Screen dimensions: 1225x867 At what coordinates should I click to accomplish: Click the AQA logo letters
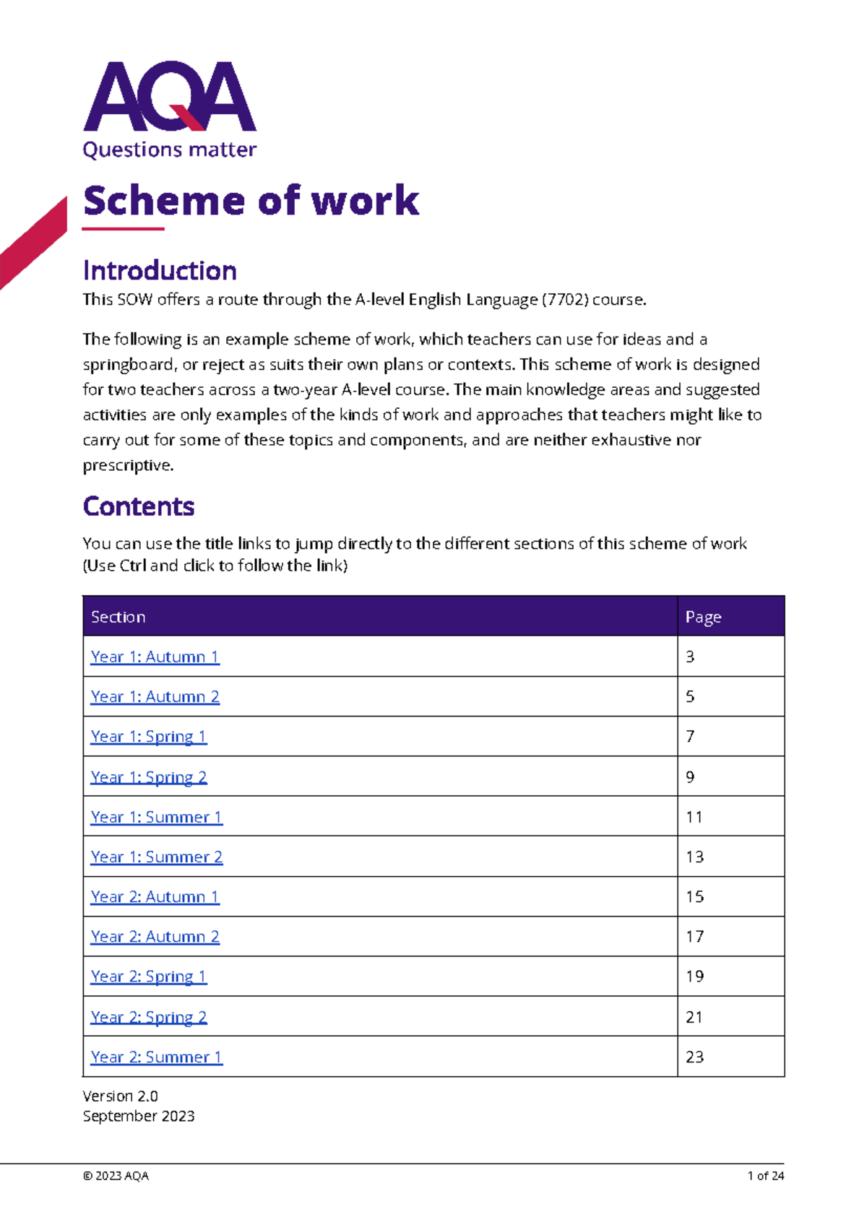(x=170, y=97)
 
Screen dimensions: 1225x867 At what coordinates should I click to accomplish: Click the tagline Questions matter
(x=170, y=150)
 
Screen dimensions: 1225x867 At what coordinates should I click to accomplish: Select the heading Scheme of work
(x=251, y=201)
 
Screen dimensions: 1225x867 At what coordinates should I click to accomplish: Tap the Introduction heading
(x=160, y=271)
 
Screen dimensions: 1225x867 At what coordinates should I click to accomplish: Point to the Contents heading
(x=139, y=506)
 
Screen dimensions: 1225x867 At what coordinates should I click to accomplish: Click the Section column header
(x=118, y=617)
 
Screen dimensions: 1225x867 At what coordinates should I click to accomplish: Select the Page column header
(x=703, y=617)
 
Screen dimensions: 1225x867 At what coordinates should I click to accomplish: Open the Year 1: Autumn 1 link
(x=155, y=657)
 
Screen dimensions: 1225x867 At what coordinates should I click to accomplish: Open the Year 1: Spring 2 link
(x=149, y=777)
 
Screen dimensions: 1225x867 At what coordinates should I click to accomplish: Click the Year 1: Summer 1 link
(x=156, y=817)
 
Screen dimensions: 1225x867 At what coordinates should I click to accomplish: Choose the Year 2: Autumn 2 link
(x=155, y=937)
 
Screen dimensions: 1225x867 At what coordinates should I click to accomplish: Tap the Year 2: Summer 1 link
(x=156, y=1057)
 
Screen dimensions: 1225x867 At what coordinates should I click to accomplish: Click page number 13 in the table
(x=694, y=857)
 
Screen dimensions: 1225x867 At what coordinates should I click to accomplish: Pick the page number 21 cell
(x=694, y=1017)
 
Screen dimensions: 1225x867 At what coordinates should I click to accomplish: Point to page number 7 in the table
(x=690, y=737)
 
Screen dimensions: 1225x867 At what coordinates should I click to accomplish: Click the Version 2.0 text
(x=120, y=1096)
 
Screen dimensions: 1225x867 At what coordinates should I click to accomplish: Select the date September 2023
(x=139, y=1116)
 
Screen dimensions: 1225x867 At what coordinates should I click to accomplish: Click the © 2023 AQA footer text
(x=116, y=1176)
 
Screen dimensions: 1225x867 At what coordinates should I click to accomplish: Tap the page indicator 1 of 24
(x=765, y=1176)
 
